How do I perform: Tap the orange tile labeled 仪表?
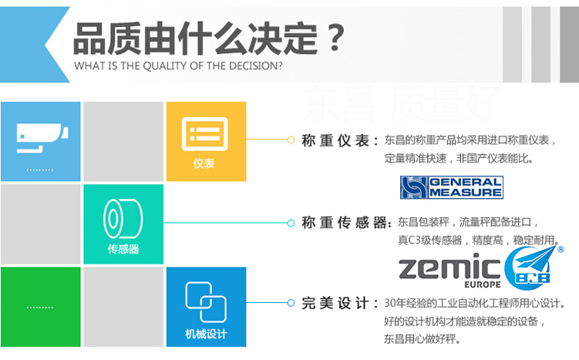(205, 141)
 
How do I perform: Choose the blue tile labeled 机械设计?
(205, 306)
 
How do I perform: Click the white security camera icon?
(39, 136)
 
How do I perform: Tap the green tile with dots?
(40, 306)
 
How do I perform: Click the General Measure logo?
(451, 187)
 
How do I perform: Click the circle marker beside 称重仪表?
(291, 140)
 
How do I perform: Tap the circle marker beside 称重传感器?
(291, 223)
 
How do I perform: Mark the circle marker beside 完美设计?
(291, 303)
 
